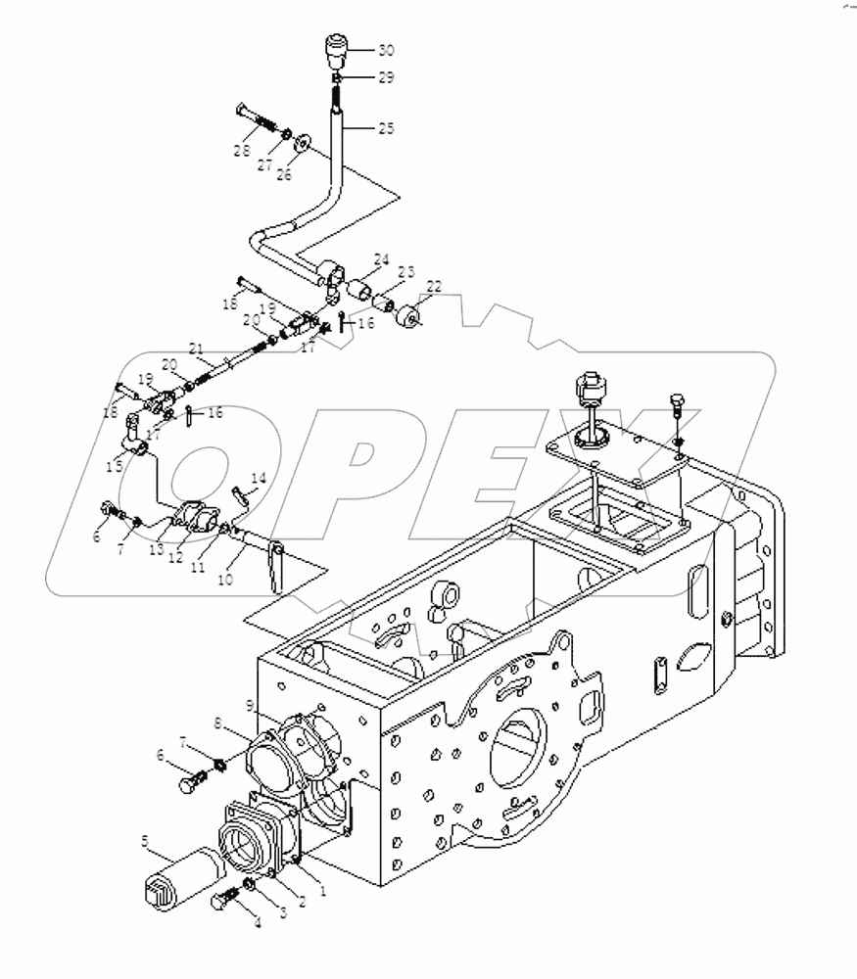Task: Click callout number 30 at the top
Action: (x=387, y=50)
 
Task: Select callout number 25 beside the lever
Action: (x=387, y=128)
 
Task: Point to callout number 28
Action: (x=242, y=151)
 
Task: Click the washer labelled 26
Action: (x=303, y=142)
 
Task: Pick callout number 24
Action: (x=382, y=259)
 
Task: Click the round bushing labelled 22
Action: (x=409, y=315)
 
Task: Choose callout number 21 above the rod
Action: (x=197, y=349)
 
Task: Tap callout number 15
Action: (x=115, y=466)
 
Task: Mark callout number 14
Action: (x=259, y=479)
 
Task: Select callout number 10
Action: (x=225, y=579)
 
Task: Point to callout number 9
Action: (x=250, y=706)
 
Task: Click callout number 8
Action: (x=217, y=723)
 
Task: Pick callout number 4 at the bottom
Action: (x=257, y=922)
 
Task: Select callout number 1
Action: (x=322, y=892)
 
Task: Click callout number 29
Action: (x=386, y=77)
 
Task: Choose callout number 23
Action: (x=406, y=271)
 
